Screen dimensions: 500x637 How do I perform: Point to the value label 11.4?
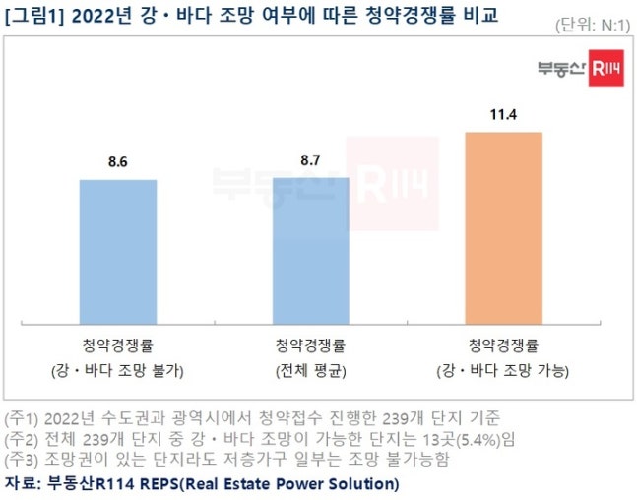tap(503, 115)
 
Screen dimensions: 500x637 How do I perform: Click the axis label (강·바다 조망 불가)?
tap(118, 371)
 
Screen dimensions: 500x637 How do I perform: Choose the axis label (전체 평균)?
tap(311, 371)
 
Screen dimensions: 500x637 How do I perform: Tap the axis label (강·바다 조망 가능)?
tap(503, 371)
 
